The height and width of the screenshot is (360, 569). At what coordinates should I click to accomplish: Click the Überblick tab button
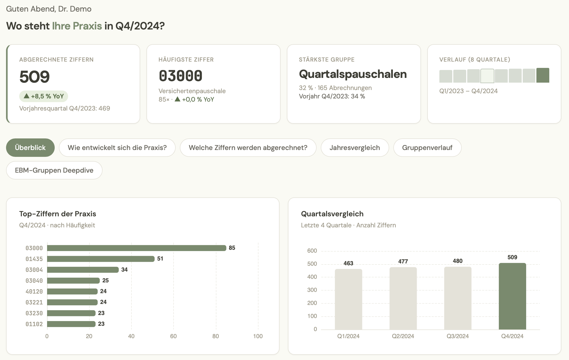click(x=30, y=148)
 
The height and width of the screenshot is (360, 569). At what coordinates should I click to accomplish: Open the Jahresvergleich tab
click(x=354, y=148)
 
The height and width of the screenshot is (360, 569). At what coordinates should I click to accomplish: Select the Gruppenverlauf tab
click(x=427, y=148)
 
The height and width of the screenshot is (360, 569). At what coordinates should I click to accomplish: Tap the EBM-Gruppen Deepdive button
click(x=54, y=170)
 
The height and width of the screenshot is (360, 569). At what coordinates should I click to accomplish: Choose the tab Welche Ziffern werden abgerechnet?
click(x=248, y=148)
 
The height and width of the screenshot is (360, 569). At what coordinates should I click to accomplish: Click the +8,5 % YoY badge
click(x=44, y=96)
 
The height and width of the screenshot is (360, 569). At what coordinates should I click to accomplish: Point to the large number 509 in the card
click(x=34, y=77)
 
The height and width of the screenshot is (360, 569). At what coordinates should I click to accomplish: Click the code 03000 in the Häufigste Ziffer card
click(x=180, y=76)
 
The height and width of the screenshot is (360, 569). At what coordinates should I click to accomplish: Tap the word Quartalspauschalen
click(x=353, y=74)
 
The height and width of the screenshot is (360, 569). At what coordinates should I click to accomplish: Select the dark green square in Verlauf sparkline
click(x=543, y=76)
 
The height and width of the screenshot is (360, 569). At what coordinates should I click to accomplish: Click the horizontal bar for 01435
click(x=101, y=259)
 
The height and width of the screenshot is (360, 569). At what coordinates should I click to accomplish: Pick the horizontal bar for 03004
click(x=83, y=270)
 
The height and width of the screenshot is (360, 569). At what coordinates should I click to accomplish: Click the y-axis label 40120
click(x=34, y=292)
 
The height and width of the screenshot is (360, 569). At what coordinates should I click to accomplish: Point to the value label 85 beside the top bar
click(x=232, y=248)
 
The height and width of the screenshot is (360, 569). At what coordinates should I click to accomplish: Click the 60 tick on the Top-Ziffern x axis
click(x=173, y=336)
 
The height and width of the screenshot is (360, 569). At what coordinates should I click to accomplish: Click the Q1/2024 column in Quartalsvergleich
click(x=348, y=299)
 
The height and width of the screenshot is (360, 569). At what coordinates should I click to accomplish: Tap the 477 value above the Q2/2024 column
click(x=403, y=261)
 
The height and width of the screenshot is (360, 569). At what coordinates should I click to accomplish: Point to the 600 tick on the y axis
click(x=312, y=251)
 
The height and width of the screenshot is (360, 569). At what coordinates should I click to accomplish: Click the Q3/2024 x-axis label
click(x=458, y=336)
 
